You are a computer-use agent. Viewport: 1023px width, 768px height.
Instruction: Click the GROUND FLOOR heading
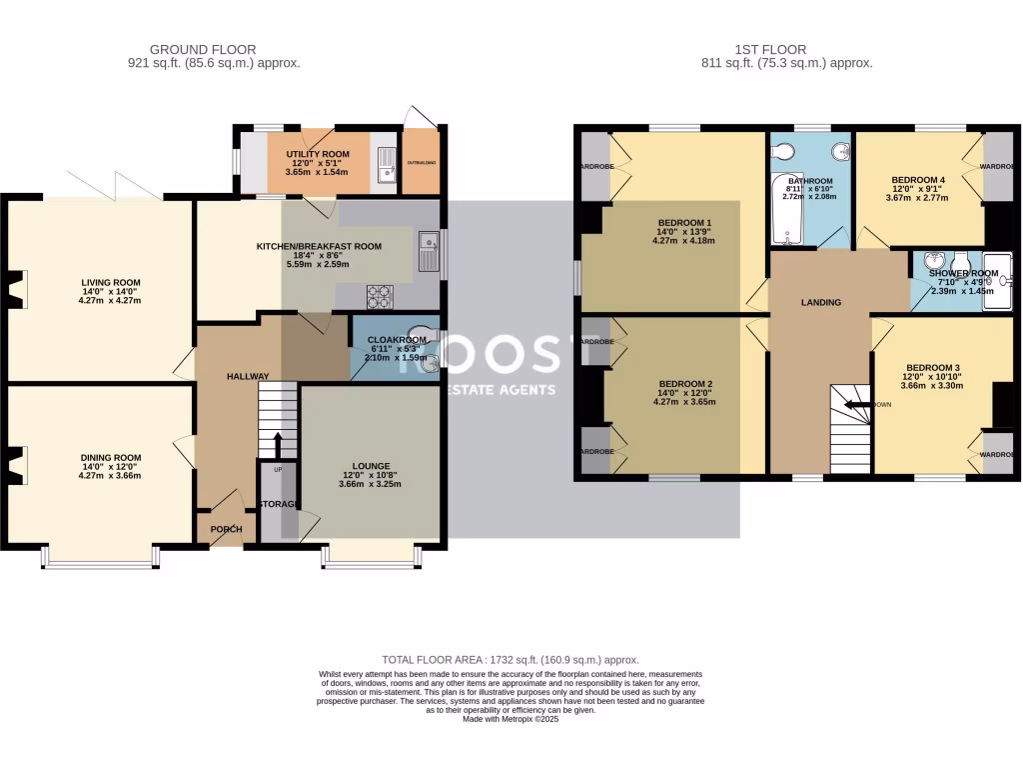tap(203, 49)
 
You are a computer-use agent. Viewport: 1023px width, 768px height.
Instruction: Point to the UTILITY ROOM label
tap(317, 154)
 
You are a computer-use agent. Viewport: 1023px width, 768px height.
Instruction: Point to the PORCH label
tap(227, 529)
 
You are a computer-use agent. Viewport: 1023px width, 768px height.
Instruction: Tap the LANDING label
tap(821, 302)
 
